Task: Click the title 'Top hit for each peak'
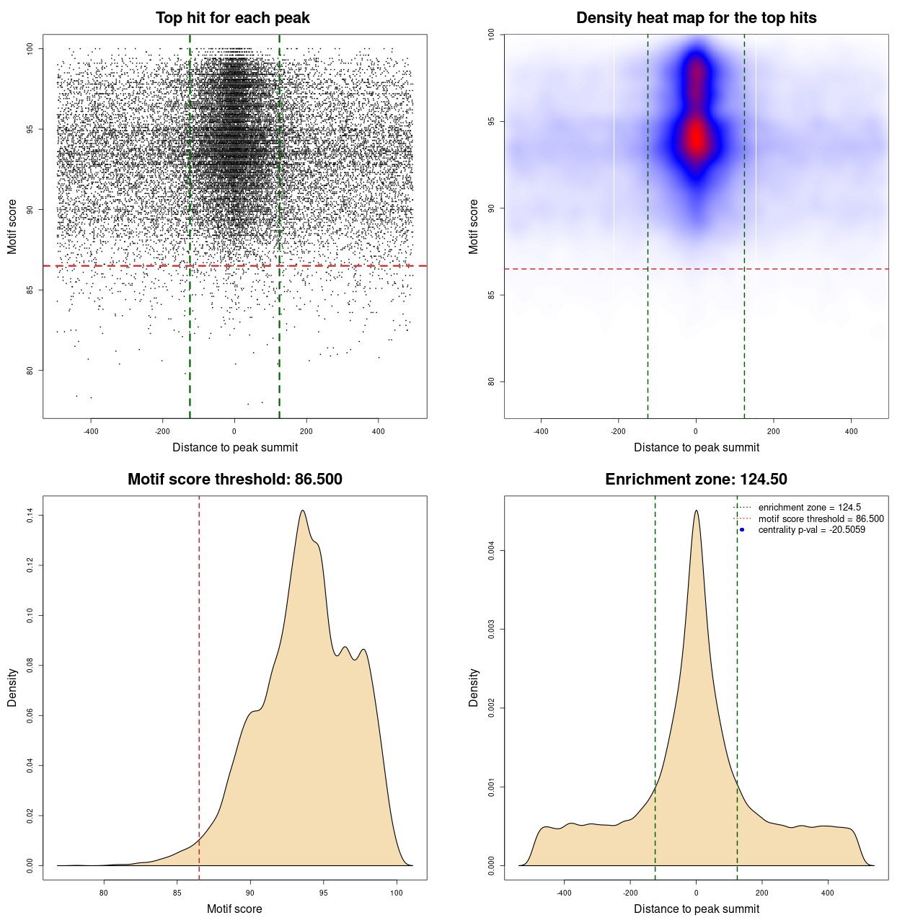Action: (x=233, y=18)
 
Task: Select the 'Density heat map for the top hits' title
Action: (x=696, y=18)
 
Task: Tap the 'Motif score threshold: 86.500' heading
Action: (x=234, y=480)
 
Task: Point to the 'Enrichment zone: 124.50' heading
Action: (x=696, y=480)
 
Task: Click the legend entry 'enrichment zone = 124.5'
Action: (x=809, y=508)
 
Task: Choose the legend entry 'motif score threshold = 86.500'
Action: (x=821, y=518)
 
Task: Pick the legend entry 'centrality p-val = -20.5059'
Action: (x=811, y=530)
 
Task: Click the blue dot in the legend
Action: (x=742, y=530)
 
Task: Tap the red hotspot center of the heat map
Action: (x=696, y=137)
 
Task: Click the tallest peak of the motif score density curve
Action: (x=303, y=511)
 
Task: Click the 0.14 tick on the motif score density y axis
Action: (x=30, y=516)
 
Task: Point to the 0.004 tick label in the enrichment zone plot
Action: (x=492, y=551)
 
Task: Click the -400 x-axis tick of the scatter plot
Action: (x=91, y=431)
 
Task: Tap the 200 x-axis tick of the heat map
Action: (x=773, y=431)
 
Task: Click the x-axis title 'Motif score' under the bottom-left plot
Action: (x=234, y=909)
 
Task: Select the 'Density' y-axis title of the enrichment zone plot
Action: (x=474, y=687)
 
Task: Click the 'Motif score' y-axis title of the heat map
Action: (x=474, y=226)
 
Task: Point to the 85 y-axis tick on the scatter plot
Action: (x=30, y=290)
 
